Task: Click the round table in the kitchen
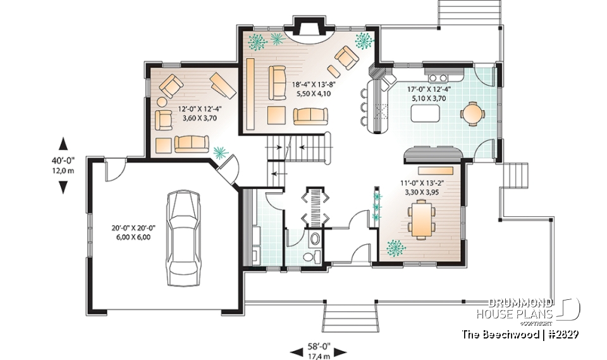[472, 114]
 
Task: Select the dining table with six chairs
[422, 218]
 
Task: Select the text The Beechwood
[499, 333]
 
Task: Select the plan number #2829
[562, 333]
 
